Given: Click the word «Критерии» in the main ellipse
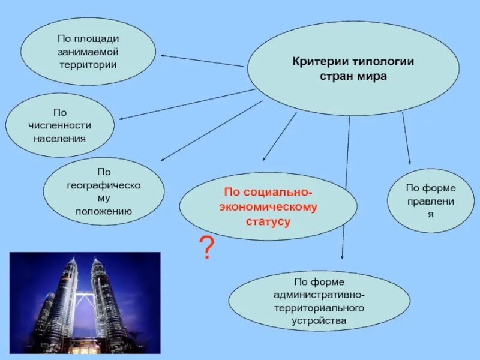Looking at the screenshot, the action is tap(319, 62).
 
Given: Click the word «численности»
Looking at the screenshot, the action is tap(59, 125).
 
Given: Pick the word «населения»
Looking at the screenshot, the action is tap(59, 138).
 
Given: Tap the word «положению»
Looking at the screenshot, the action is tap(104, 211).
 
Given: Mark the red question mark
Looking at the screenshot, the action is tap(206, 247).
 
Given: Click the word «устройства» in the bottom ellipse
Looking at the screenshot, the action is tap(319, 320).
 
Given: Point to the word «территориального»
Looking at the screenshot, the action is tap(319, 307).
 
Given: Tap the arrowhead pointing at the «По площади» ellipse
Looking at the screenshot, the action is tap(163, 56).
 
